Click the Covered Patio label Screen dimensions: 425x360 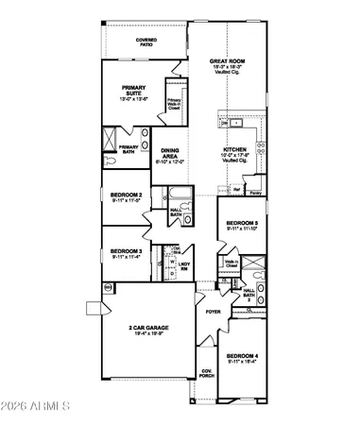[x=146, y=42]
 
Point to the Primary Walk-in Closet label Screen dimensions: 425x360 [x=175, y=103]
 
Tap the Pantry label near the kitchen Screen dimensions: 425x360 [x=256, y=191]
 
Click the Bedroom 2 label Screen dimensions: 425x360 [x=126, y=195]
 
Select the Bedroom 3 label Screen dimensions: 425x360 [x=126, y=250]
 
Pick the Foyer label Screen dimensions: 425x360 [x=200, y=310]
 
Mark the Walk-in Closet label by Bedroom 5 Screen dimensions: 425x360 [x=231, y=265]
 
